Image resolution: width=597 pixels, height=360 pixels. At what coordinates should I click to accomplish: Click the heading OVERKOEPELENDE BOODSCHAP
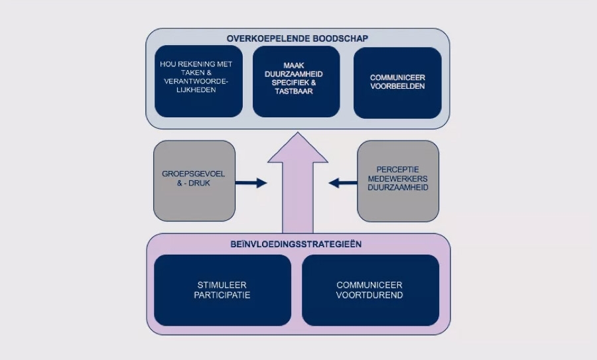(297, 38)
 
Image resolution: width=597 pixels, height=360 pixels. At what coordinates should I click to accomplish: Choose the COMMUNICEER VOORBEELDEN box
(397, 82)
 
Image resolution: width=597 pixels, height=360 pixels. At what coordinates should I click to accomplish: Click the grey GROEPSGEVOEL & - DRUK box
(194, 180)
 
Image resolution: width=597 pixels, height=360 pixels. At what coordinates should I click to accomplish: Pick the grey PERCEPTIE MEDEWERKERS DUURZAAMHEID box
(398, 180)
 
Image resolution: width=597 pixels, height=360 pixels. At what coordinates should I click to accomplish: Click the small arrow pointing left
(343, 183)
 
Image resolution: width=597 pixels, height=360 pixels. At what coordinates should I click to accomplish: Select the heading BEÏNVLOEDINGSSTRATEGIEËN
(298, 244)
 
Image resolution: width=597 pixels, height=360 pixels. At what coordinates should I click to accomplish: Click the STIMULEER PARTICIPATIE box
(222, 290)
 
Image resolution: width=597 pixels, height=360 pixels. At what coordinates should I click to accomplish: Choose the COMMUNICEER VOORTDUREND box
(370, 290)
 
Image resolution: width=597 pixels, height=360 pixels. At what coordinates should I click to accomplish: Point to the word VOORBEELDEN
(398, 86)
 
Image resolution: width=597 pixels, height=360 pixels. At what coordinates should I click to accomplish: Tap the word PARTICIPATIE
(222, 295)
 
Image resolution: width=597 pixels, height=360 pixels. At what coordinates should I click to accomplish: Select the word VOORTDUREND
(370, 295)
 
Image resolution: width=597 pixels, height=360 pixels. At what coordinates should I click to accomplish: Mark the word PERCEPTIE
(398, 170)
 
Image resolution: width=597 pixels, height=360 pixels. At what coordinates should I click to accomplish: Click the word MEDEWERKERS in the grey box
(398, 178)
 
